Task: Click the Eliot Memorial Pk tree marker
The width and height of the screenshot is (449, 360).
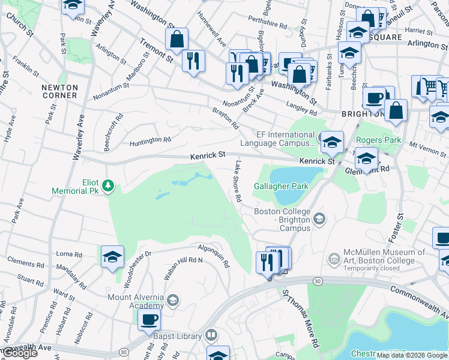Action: tap(108, 185)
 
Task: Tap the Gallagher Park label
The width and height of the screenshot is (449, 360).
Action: tap(282, 186)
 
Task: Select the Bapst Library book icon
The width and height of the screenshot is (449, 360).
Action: tap(211, 335)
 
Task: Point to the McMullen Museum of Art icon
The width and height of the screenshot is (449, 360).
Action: tap(334, 258)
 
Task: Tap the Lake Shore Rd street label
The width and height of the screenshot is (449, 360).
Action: tap(238, 181)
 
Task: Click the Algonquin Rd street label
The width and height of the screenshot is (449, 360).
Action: tap(214, 255)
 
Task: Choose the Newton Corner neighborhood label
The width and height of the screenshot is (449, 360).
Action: tap(59, 91)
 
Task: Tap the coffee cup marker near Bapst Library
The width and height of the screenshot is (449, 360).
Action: tap(149, 319)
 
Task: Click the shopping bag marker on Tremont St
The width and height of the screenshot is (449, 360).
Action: tap(177, 40)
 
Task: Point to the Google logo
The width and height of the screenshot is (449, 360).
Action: tap(20, 353)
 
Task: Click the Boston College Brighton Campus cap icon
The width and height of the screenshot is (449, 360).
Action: tap(320, 218)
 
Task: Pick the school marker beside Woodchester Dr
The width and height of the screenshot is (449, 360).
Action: tap(112, 257)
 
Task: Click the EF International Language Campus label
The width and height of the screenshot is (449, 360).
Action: tap(277, 139)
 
